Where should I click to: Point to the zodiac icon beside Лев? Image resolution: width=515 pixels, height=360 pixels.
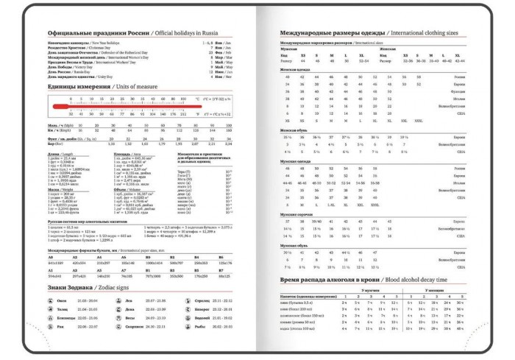(118, 300)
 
